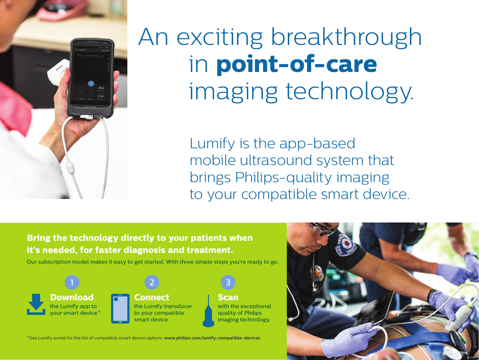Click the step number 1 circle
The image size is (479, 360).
(72, 282)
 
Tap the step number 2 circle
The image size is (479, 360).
(152, 282)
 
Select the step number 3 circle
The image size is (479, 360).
(228, 282)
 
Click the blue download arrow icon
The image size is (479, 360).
(36, 304)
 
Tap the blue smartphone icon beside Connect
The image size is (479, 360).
(120, 309)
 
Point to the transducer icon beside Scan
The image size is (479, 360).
(208, 312)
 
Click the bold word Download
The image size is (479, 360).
(72, 297)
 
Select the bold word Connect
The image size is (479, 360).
(151, 297)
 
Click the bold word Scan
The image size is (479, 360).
(228, 297)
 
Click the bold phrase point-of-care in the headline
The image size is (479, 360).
(297, 64)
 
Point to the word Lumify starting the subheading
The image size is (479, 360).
(212, 143)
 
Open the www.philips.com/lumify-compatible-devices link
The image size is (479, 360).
(212, 338)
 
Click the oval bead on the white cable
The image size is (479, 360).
(70, 168)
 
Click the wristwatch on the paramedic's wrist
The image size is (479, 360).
(432, 294)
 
